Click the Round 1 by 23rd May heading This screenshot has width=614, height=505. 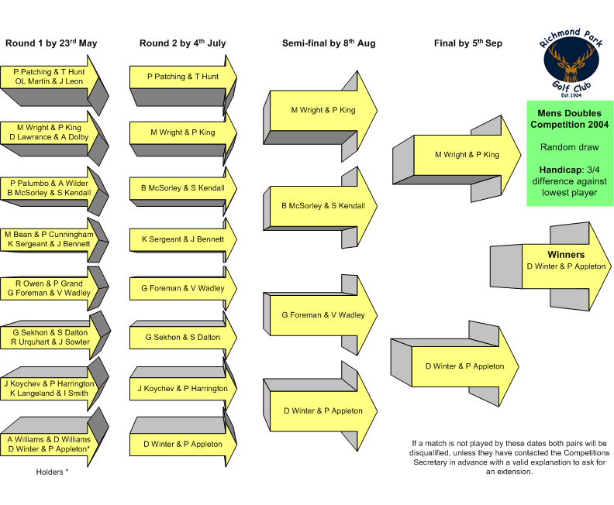(51, 43)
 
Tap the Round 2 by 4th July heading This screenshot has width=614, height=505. (182, 43)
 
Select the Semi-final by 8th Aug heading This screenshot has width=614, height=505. (329, 43)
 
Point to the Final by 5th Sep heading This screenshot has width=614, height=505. (468, 43)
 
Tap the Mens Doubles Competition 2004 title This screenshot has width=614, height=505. (569, 119)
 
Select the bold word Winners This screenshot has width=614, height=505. (566, 255)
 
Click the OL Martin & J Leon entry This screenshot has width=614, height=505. (49, 81)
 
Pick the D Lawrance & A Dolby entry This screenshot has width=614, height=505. (49, 137)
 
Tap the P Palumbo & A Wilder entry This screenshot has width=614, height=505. (49, 183)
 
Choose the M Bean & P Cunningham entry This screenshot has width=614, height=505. (49, 235)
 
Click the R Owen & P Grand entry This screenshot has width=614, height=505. (49, 283)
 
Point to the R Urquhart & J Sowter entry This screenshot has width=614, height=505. (50, 342)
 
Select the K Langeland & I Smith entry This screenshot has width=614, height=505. (49, 393)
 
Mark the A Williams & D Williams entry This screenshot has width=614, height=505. (49, 439)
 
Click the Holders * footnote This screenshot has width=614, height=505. (52, 472)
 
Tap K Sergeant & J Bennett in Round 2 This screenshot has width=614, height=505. (183, 239)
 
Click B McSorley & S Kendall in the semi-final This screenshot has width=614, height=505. (323, 206)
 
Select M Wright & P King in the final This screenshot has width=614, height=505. (467, 154)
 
